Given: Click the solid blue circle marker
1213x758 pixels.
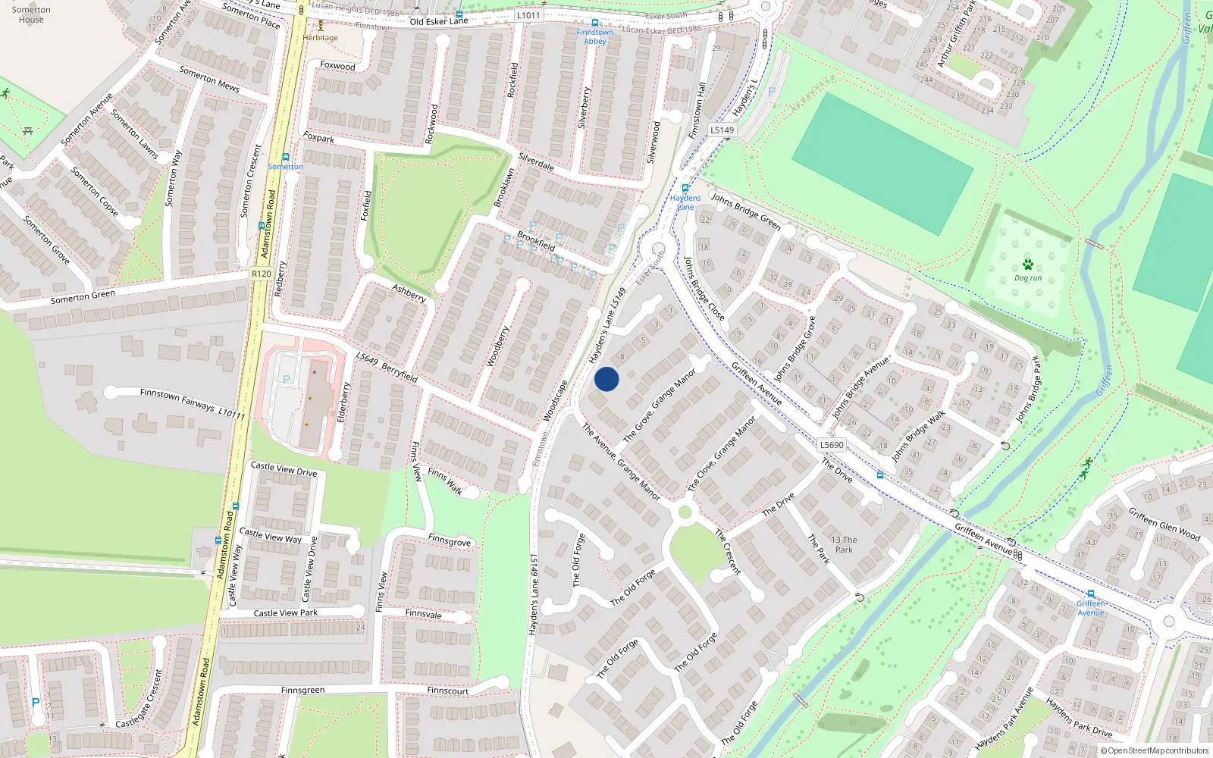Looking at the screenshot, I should [606, 379].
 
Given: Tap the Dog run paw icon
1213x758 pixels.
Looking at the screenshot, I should [1027, 265].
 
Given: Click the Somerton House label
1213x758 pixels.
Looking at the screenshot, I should [31, 14].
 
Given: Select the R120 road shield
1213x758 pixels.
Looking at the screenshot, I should [262, 274].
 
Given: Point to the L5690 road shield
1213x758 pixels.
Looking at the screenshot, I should [832, 445].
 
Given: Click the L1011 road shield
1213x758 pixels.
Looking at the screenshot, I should [528, 15].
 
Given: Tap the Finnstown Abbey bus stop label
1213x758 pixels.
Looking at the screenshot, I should [595, 36].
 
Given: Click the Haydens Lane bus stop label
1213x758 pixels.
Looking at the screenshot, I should [685, 202].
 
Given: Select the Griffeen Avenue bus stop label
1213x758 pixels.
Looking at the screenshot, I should [1091, 608].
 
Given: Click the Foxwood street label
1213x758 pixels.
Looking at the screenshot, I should [337, 66].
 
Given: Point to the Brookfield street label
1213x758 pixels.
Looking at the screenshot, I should [536, 240].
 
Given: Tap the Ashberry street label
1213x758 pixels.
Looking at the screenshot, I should [409, 293].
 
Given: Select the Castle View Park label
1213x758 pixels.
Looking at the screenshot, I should [286, 612].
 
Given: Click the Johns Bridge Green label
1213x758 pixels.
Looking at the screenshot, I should [746, 211].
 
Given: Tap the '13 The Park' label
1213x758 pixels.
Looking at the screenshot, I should [844, 545].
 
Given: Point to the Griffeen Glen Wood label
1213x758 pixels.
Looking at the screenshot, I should [1164, 524].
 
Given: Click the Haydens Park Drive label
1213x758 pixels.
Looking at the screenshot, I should [1079, 718].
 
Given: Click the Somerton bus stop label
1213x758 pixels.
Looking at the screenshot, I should [285, 167].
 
